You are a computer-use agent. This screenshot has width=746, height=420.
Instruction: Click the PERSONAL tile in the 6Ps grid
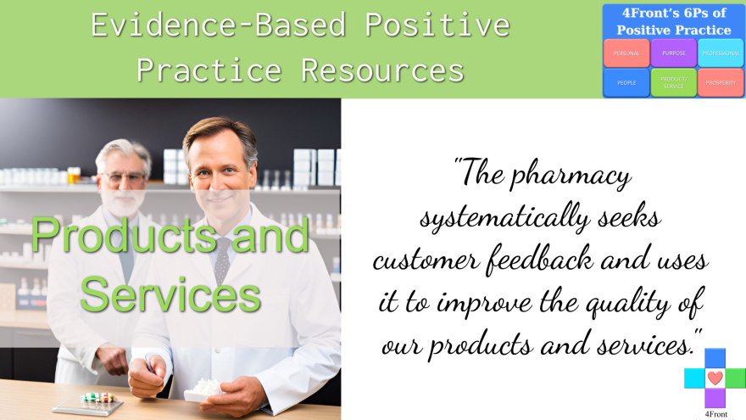click(x=626, y=53)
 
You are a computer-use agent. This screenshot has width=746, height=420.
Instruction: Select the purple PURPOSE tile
click(x=674, y=53)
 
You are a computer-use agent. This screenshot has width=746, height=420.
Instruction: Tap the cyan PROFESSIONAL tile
click(x=721, y=53)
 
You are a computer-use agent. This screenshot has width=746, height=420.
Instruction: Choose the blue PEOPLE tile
click(x=626, y=82)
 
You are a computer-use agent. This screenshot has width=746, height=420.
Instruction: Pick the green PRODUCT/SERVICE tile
click(x=674, y=82)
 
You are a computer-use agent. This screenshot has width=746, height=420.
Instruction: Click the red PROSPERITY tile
click(x=721, y=82)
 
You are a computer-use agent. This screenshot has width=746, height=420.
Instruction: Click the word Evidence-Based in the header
click(x=218, y=25)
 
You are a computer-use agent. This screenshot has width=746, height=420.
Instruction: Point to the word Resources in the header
click(x=382, y=70)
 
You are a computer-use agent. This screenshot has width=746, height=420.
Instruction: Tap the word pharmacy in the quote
click(x=571, y=176)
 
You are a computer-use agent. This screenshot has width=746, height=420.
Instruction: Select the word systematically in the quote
click(x=504, y=219)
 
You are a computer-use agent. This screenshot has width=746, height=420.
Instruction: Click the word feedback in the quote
click(x=539, y=260)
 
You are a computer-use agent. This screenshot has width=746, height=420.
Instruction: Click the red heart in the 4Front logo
click(x=715, y=378)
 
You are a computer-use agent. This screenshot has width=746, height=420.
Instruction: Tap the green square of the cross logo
click(x=736, y=378)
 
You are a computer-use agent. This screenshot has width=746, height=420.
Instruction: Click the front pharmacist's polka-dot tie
click(x=222, y=260)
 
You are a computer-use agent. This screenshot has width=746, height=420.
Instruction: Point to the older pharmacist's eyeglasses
click(x=123, y=178)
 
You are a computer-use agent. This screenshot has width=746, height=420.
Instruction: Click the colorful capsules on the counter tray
click(x=98, y=398)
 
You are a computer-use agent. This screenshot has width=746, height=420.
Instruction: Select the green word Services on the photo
click(x=170, y=295)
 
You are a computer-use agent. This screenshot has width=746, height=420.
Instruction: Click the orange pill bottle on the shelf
click(x=74, y=175)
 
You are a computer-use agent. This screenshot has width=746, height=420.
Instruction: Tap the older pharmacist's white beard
click(x=123, y=203)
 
